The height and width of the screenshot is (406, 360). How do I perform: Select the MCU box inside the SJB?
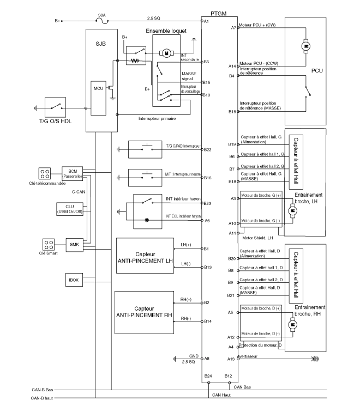(x=98, y=88)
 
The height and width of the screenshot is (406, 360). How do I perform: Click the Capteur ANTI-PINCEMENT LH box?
(x=145, y=257)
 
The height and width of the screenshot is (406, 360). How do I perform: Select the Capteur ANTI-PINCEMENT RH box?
(x=144, y=311)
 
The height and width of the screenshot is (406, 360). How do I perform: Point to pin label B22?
(x=207, y=149)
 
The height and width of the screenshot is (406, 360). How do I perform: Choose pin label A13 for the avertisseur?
(x=232, y=359)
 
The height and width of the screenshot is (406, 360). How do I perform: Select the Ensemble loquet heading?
(x=166, y=32)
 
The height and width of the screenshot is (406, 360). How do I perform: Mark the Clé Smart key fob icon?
(x=49, y=244)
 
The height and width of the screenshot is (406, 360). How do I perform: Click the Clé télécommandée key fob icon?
(x=45, y=174)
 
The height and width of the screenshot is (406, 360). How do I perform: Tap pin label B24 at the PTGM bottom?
(x=207, y=376)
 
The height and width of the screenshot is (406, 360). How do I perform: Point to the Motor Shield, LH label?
(x=256, y=238)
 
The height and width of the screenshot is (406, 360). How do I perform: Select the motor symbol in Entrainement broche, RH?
(x=293, y=325)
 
